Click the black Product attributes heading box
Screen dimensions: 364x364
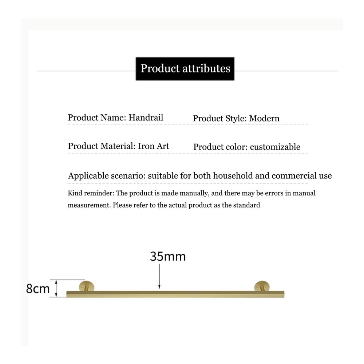185,69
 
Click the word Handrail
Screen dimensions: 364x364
146,118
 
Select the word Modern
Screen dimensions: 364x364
264,118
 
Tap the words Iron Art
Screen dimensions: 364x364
154,146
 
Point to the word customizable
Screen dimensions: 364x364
275,147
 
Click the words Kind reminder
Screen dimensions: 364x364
91,193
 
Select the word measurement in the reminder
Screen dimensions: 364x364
90,205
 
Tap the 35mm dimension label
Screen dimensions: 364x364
167,257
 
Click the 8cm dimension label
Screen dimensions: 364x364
38,289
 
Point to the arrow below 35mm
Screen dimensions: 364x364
159,277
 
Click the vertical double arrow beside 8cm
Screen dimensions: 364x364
56,288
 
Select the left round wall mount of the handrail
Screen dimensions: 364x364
87,286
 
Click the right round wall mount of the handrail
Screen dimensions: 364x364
262,286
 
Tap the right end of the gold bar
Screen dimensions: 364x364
284,294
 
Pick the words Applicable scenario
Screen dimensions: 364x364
107,176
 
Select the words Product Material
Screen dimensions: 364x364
102,146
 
